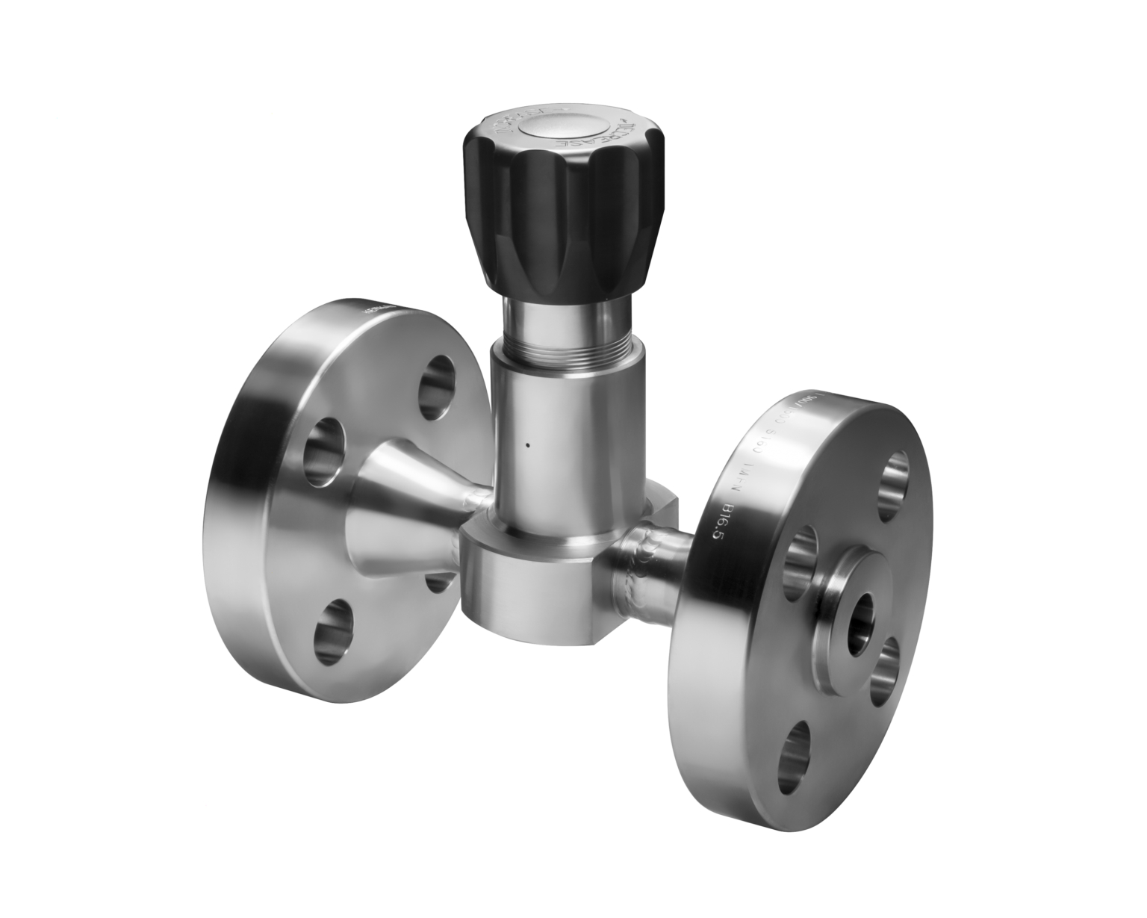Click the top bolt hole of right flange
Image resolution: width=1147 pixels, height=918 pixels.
[894, 487]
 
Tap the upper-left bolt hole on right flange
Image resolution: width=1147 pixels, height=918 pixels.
[804, 553]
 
